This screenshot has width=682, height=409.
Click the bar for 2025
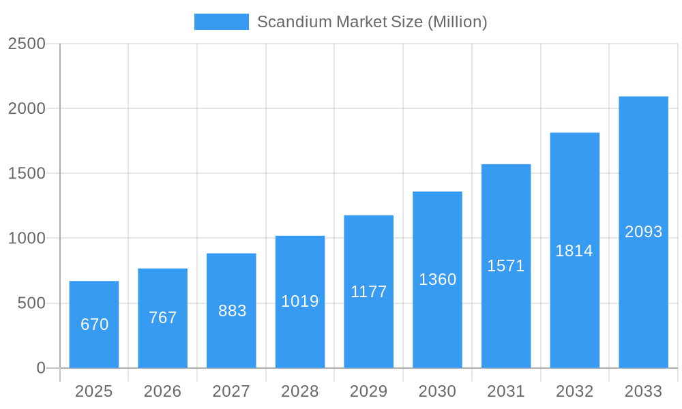pyautogui.click(x=94, y=324)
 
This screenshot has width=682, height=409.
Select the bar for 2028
pyautogui.click(x=300, y=302)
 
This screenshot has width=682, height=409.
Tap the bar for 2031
pyautogui.click(x=506, y=266)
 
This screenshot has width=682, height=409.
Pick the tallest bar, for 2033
pyautogui.click(x=643, y=232)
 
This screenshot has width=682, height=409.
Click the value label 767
pyautogui.click(x=163, y=318)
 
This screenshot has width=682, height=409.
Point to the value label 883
pyautogui.click(x=232, y=311)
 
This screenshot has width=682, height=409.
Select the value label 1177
pyautogui.click(x=369, y=292)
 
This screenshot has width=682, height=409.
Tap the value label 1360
pyautogui.click(x=437, y=279)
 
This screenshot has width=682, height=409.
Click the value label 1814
pyautogui.click(x=574, y=251)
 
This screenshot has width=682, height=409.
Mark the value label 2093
pyautogui.click(x=643, y=232)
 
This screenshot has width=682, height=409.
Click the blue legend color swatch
pyautogui.click(x=222, y=22)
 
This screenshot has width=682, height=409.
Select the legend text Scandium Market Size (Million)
pyautogui.click(x=372, y=22)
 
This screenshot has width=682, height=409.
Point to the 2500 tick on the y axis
pyautogui.click(x=27, y=44)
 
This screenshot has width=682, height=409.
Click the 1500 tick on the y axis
pyautogui.click(x=27, y=173)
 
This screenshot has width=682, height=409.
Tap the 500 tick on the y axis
pyautogui.click(x=31, y=303)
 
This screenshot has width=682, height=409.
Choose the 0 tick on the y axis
pyautogui.click(x=41, y=368)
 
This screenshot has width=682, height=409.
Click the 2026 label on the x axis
pyautogui.click(x=163, y=391)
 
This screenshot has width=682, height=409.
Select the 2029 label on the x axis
pyautogui.click(x=369, y=391)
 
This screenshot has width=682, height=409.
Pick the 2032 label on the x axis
pyautogui.click(x=574, y=391)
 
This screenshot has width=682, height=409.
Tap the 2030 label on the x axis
pyautogui.click(x=437, y=391)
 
